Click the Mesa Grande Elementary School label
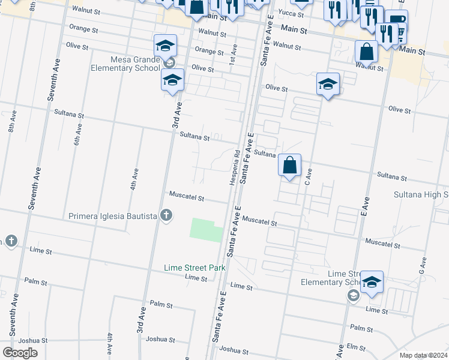[125, 64]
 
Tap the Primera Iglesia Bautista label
[113, 215]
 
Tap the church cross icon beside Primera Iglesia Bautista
[167, 215]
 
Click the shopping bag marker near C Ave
[289, 165]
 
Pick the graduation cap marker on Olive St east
[328, 84]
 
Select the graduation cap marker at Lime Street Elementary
[372, 283]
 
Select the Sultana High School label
[421, 194]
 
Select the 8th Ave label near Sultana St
[11, 124]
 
